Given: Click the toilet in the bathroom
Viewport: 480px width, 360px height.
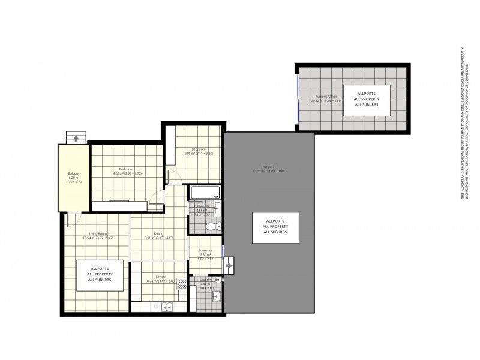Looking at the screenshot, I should tap(209, 226).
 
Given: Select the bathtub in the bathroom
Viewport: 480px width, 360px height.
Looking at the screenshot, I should tap(205, 193).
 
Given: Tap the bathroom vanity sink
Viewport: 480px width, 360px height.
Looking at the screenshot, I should tap(217, 208).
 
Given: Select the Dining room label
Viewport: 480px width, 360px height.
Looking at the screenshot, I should tap(158, 234).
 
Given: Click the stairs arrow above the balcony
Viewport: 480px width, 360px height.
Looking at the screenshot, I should tap(76, 138).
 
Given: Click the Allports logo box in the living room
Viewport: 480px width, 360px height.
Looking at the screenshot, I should tap(100, 275).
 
